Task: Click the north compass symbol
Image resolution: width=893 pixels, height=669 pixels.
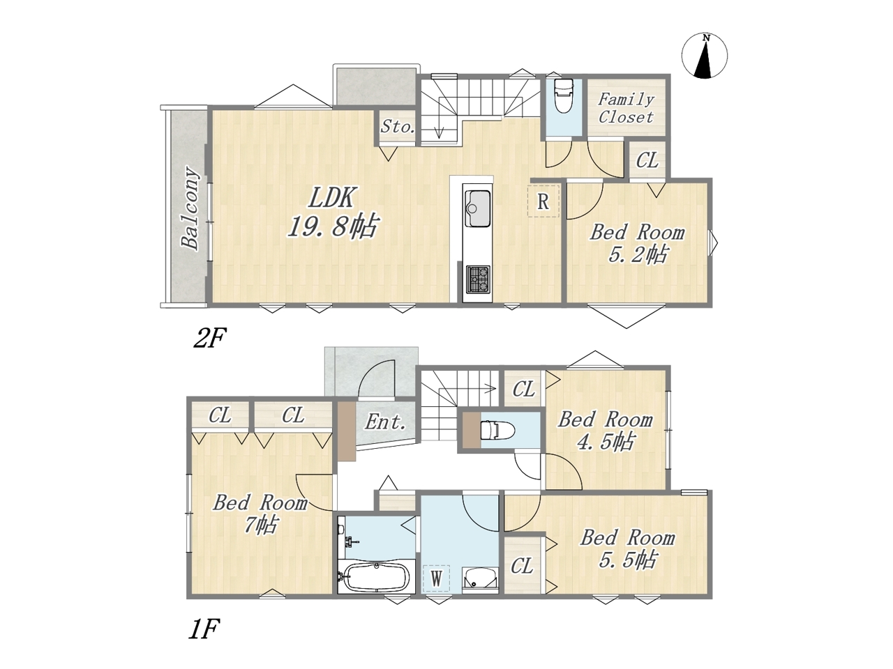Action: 704,56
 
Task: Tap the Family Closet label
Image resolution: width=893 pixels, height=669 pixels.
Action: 626,108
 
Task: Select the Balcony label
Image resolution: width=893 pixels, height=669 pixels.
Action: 190,208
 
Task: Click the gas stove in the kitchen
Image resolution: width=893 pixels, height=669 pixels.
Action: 478,279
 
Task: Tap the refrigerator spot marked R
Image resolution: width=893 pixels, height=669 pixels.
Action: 543,201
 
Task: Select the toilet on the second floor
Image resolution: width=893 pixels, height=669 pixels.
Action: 564,95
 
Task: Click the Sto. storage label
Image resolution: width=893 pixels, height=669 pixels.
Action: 398,127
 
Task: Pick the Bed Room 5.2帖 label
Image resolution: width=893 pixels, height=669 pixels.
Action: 637,243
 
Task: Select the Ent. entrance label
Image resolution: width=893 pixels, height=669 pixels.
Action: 385,422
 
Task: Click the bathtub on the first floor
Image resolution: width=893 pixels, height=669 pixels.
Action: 376,577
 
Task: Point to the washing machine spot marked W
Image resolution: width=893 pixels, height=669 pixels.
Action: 436,578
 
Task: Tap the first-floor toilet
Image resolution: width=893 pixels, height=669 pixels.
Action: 497,430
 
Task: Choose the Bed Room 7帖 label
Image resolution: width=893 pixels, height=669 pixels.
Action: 260,514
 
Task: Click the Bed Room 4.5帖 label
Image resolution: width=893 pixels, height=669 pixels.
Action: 606,431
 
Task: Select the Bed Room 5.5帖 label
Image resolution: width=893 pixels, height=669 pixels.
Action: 628,548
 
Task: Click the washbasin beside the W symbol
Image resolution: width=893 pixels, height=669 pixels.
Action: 480,578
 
